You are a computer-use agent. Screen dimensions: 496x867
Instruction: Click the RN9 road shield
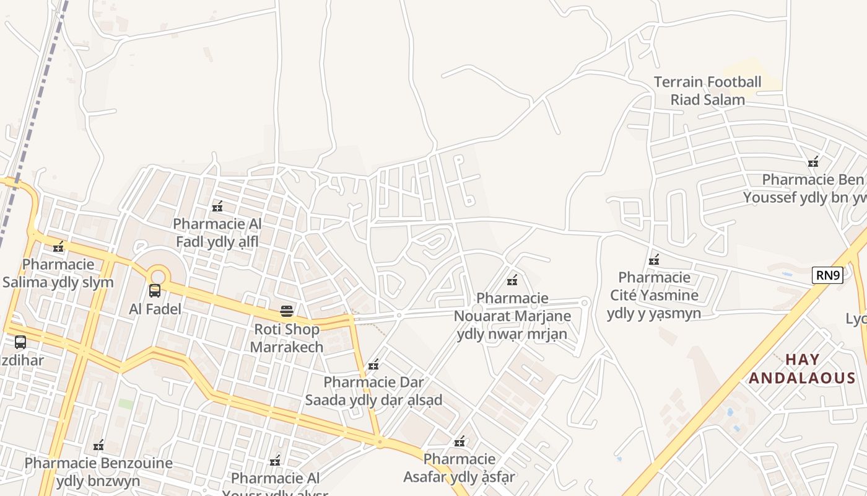[827, 275]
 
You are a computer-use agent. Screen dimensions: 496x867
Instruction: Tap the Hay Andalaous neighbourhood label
[803, 369]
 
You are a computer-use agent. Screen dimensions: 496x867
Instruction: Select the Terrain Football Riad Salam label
[707, 91]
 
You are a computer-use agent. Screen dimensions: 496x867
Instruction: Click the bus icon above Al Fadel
[155, 290]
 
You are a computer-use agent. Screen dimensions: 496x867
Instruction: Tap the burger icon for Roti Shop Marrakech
[286, 311]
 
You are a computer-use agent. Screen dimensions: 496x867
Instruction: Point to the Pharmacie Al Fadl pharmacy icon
[217, 206]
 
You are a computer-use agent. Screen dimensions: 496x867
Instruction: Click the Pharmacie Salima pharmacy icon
[58, 247]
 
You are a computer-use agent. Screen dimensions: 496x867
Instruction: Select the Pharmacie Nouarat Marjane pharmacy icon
[512, 281]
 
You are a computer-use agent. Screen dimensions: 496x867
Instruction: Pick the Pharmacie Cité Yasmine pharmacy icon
[653, 260]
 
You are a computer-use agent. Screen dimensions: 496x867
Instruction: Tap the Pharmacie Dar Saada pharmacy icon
[373, 365]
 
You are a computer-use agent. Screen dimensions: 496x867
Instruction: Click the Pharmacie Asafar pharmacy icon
[460, 441]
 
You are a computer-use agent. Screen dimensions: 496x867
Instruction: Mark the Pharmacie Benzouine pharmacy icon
[98, 445]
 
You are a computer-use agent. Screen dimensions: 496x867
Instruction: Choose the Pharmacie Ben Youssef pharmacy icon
[813, 162]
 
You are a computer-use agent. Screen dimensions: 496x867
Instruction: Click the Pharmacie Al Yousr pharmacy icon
[276, 461]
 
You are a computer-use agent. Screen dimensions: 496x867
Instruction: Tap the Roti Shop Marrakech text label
[287, 338]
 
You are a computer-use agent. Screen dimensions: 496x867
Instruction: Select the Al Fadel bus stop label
[155, 309]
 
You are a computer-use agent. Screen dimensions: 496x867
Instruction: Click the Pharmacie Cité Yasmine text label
[654, 295]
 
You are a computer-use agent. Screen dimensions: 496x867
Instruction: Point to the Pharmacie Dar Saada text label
[373, 391]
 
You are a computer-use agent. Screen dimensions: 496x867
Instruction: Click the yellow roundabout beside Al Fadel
[159, 275]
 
